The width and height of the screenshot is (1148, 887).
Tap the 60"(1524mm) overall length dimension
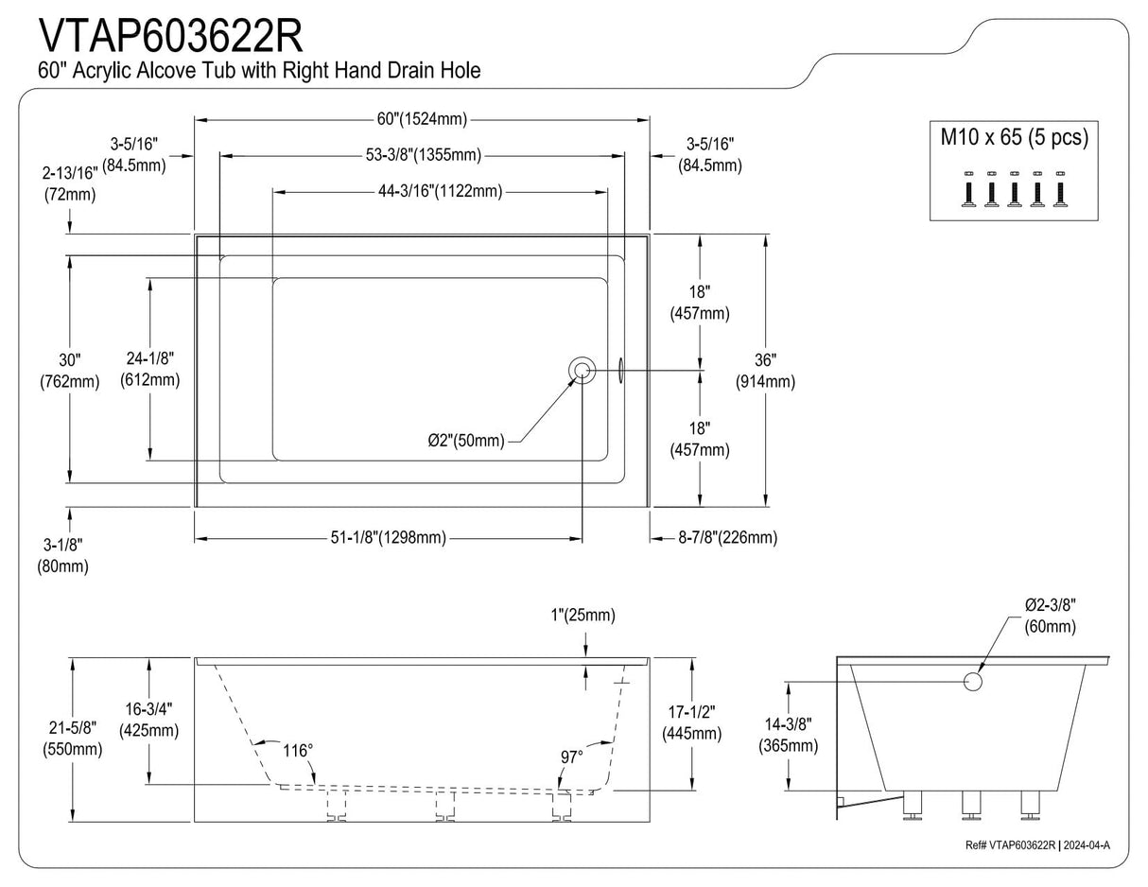point(422,119)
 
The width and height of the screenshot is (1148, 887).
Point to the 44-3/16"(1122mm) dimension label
point(435,192)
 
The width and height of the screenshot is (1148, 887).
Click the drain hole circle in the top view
point(582,370)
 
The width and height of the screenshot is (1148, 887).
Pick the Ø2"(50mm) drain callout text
point(464,441)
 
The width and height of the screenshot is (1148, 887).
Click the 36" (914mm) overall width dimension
point(765,371)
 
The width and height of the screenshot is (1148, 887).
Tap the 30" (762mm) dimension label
point(69,371)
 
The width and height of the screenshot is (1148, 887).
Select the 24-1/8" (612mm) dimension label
point(149,369)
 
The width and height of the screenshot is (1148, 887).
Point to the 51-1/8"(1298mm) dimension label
point(389,538)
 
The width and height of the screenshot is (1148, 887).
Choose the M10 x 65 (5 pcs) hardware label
point(1014,137)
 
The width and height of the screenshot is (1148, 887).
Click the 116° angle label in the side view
point(297,751)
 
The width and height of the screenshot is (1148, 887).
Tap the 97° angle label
point(571,757)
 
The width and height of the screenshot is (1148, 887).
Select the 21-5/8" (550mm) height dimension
point(73,739)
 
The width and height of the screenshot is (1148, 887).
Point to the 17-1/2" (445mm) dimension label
point(692,722)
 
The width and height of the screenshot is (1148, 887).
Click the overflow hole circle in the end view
point(972,681)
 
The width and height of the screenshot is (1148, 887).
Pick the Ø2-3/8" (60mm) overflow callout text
point(1050,616)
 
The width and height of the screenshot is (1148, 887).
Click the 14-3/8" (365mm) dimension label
point(788,735)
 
